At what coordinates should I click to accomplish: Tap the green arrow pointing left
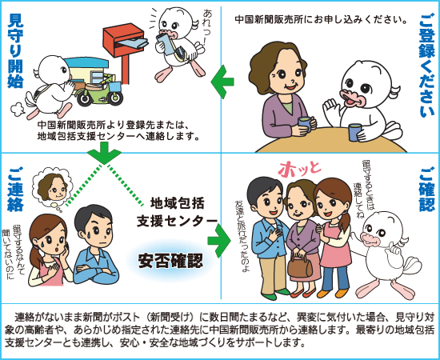pos(222,82)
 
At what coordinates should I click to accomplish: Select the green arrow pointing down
pos(104,153)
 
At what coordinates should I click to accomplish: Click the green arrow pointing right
pos(219,241)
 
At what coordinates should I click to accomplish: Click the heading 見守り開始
pos(15,50)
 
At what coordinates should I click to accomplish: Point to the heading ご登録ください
pos(427,66)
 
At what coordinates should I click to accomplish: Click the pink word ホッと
pos(299,169)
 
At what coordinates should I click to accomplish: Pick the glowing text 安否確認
pos(170,260)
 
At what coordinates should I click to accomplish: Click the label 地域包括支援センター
pos(177,212)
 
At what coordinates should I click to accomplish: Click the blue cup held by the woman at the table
pos(306,124)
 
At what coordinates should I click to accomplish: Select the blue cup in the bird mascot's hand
pos(355,132)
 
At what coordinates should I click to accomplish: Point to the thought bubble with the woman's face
pos(53,189)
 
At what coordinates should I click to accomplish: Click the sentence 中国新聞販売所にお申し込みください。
pos(321,20)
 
